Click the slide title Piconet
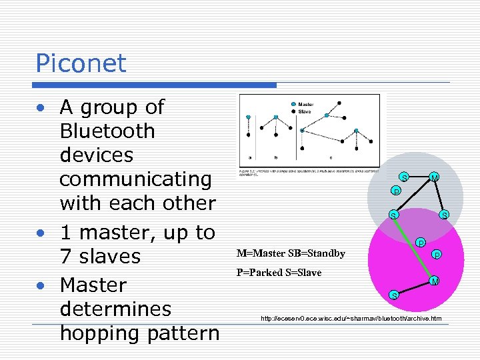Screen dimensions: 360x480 [x=81, y=63]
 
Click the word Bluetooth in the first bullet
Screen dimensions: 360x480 [x=107, y=131]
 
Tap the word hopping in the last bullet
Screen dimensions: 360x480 [x=103, y=333]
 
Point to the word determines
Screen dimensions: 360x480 [x=115, y=309]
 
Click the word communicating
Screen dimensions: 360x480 [x=135, y=179]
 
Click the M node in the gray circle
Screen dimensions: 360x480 [x=434, y=177]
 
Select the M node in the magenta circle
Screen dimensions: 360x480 [x=433, y=281]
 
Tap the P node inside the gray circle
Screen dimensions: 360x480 [x=395, y=192]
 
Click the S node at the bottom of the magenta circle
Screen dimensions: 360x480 [x=394, y=295]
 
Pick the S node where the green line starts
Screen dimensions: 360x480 [x=393, y=215]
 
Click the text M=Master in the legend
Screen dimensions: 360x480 [x=262, y=253]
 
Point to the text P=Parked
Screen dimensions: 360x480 [x=258, y=273]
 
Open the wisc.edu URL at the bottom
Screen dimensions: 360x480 [x=351, y=319]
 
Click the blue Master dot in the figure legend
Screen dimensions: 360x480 [x=293, y=104]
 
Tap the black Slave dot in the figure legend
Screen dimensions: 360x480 [x=293, y=111]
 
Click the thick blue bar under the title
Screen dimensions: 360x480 [x=156, y=85]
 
